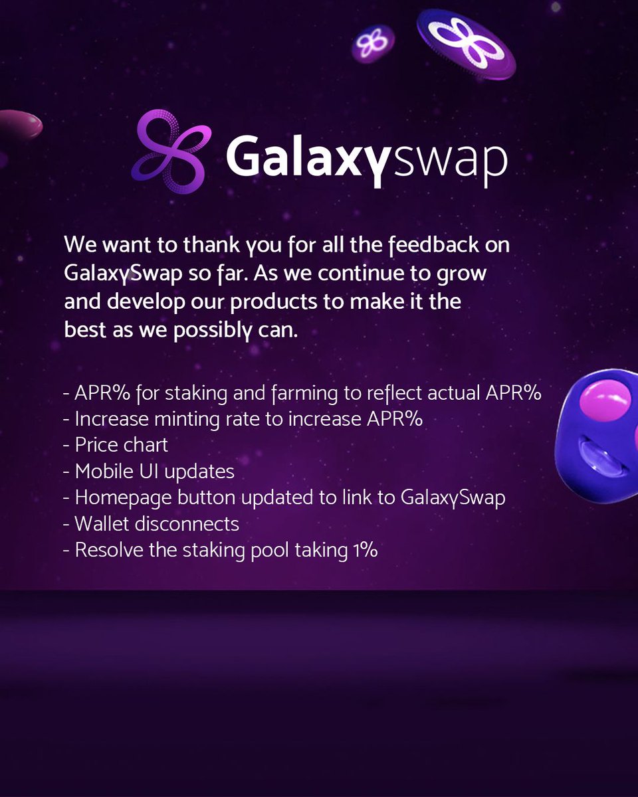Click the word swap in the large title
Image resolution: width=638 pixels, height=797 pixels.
450,160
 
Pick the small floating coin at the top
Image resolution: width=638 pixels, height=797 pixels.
372,44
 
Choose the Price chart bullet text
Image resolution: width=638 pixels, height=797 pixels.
121,445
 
